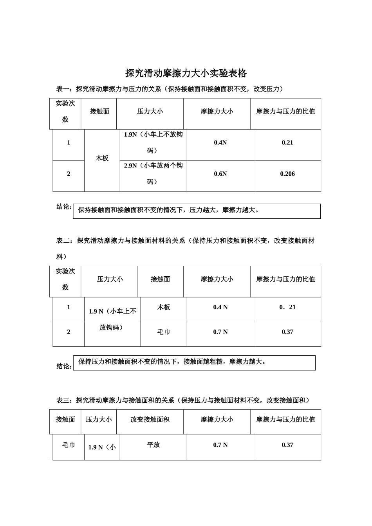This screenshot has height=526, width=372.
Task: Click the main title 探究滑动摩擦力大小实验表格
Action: pyautogui.click(x=186, y=73)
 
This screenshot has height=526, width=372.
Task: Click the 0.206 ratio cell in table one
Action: pyautogui.click(x=287, y=174)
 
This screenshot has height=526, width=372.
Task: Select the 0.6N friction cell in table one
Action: pyautogui.click(x=220, y=174)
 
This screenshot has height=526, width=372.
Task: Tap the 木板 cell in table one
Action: pyautogui.click(x=102, y=159)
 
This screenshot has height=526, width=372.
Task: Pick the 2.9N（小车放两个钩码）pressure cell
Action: pyautogui.click(x=153, y=174)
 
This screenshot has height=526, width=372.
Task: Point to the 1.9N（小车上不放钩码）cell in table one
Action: pyautogui.click(x=153, y=142)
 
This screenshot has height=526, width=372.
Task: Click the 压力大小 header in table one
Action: pyautogui.click(x=150, y=112)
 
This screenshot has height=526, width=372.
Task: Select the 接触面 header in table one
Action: pyautogui.click(x=99, y=112)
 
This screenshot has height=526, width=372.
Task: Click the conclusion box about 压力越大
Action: pyautogui.click(x=197, y=211)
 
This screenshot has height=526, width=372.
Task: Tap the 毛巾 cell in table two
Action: pyautogui.click(x=163, y=332)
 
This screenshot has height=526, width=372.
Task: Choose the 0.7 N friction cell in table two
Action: pyautogui.click(x=220, y=332)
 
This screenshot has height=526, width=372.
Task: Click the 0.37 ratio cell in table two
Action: pyautogui.click(x=287, y=332)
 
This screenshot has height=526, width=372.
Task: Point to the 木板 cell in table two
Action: pyautogui.click(x=163, y=308)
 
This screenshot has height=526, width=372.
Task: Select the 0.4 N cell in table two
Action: pyautogui.click(x=220, y=308)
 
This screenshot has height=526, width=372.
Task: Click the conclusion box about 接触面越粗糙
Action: pyautogui.click(x=194, y=362)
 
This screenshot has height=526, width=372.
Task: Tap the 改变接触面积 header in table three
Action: pyautogui.click(x=150, y=420)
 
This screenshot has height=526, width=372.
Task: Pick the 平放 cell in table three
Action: pyautogui.click(x=153, y=445)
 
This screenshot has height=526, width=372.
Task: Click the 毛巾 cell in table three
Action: pyautogui.click(x=69, y=445)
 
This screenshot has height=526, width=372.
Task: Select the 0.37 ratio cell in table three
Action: pyautogui.click(x=287, y=445)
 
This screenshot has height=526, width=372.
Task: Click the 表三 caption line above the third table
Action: pyautogui.click(x=183, y=400)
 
